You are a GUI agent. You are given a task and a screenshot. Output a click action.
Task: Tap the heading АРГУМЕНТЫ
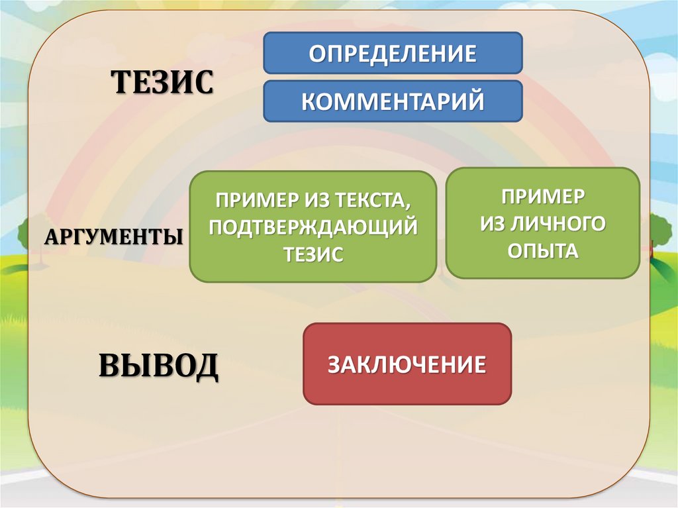[115, 236]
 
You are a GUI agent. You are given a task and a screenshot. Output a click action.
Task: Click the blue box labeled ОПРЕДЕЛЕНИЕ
[393, 52]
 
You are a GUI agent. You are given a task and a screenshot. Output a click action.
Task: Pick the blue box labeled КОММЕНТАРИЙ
[393, 101]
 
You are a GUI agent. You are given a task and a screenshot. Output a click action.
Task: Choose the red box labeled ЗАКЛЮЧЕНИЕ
[407, 364]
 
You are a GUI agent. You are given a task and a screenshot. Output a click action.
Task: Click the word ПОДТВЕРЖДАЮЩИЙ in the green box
[313, 227]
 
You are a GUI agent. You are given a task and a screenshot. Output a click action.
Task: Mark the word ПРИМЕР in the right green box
[543, 196]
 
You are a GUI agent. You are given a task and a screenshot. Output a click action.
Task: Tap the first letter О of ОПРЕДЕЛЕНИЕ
[318, 53]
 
